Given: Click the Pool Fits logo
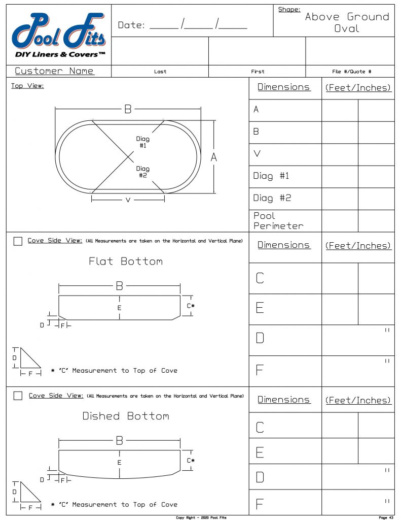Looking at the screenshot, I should [x=59, y=36].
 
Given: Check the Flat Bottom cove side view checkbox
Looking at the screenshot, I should [x=18, y=241].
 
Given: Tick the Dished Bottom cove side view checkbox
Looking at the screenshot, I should [x=18, y=396].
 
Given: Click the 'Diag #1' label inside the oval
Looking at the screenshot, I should [x=143, y=142].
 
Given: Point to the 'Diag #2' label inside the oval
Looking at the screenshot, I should [x=143, y=172].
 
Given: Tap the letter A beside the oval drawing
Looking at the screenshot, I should [x=214, y=158].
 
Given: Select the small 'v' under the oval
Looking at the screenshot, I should [x=128, y=200].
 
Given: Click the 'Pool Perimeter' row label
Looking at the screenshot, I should [x=278, y=221].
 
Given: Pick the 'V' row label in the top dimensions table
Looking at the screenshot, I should [x=257, y=153].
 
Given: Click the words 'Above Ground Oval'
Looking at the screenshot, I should [x=347, y=23].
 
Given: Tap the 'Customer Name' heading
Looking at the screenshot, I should [x=54, y=71].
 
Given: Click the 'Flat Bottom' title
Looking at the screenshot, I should [x=126, y=262].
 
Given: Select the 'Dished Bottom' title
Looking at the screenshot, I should [x=126, y=416].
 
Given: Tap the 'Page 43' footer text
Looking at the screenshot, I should [x=386, y=517].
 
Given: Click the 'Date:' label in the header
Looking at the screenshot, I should [x=131, y=25].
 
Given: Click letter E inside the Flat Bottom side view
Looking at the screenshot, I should [x=120, y=308].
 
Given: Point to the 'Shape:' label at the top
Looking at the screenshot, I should [x=289, y=9].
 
